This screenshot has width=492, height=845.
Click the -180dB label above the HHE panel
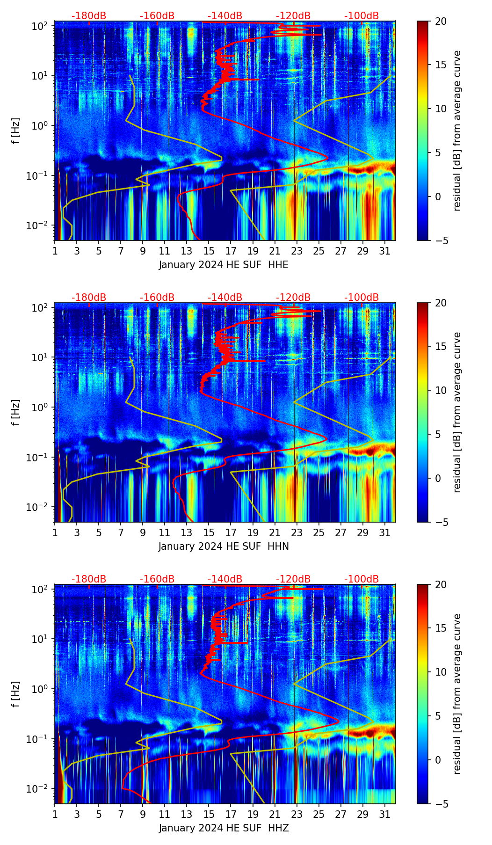[x=89, y=16]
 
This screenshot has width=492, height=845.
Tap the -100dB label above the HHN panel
[x=362, y=298]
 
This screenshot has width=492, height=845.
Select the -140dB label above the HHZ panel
[x=225, y=579]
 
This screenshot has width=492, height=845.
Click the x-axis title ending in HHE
[x=224, y=265]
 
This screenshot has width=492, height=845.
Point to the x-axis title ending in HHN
[x=224, y=546]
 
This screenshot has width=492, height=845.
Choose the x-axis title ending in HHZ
[x=224, y=828]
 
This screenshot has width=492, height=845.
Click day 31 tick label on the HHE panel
[x=385, y=251]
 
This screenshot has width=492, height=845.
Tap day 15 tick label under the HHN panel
[x=209, y=532]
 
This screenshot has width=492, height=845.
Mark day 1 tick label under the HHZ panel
[x=55, y=814]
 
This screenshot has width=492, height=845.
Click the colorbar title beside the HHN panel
[x=457, y=412]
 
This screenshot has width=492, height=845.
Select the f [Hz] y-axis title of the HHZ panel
[x=15, y=694]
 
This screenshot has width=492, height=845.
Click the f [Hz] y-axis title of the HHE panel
[x=15, y=131]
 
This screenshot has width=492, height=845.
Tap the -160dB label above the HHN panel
[x=157, y=298]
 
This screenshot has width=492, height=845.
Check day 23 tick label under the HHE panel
[x=297, y=251]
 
